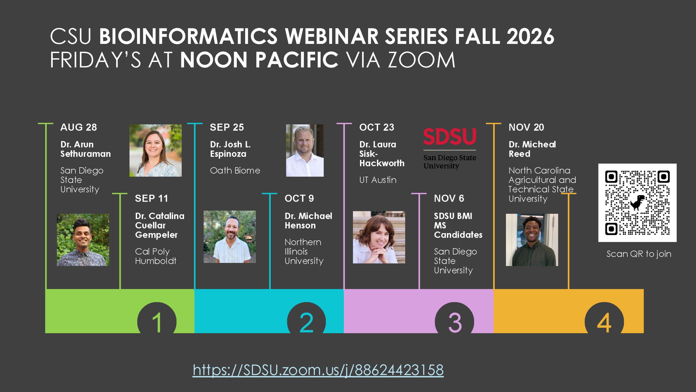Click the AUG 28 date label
click(x=79, y=127)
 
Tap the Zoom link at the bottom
click(x=318, y=370)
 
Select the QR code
click(x=637, y=203)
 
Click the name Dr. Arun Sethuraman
click(x=85, y=149)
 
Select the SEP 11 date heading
click(x=151, y=198)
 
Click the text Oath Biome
click(x=235, y=170)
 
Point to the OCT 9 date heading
click(x=299, y=198)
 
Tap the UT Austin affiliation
click(x=378, y=180)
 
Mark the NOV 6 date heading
click(x=449, y=198)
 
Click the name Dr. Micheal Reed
click(x=532, y=149)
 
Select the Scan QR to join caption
click(x=639, y=254)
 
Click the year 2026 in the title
click(x=530, y=36)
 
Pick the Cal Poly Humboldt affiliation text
click(x=156, y=256)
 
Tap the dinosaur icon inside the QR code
click(x=637, y=203)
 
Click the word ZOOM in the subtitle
click(x=421, y=60)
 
